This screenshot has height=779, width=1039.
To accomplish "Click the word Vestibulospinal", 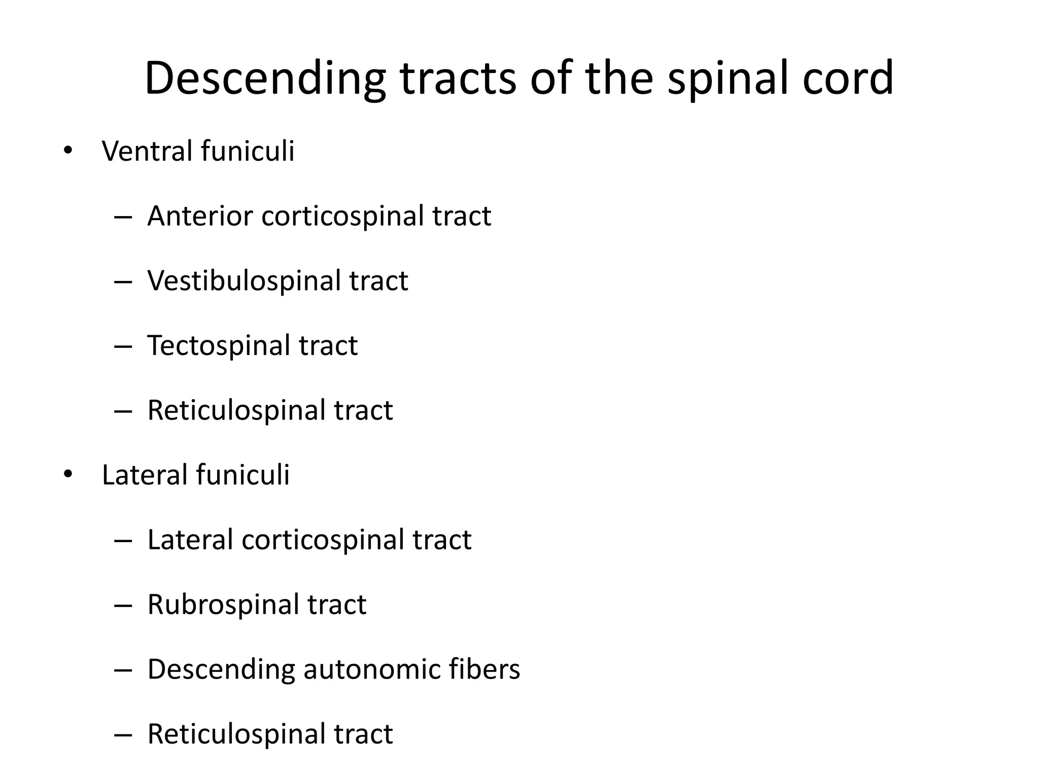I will tap(244, 280).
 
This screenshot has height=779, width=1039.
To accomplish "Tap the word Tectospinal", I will tap(218, 345).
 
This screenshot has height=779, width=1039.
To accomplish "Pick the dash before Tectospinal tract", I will tap(123, 346).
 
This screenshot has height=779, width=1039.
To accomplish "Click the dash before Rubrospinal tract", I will tap(123, 605).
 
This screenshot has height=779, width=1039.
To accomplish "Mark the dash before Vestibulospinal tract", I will tap(123, 281).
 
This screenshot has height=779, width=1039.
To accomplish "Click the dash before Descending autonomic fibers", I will tap(123, 670).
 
